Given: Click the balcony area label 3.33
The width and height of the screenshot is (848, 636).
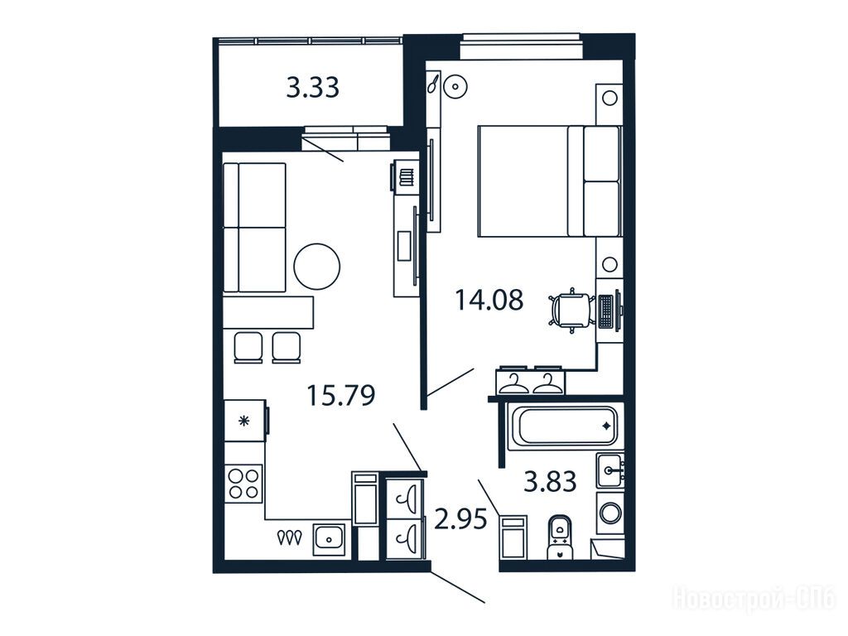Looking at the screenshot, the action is [312, 88].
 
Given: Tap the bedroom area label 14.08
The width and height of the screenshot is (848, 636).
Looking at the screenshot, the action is [489, 300].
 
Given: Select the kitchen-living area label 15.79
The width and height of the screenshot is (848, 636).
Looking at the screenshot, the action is [340, 395].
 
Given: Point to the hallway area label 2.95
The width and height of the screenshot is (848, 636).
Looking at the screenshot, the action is [460, 520].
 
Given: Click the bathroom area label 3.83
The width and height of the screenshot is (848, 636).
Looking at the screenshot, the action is [550, 481].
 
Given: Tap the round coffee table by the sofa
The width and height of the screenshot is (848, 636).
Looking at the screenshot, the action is [317, 267].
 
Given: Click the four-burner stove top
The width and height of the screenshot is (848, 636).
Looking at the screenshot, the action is [244, 484].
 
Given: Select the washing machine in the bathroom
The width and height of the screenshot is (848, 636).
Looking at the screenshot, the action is [610, 513].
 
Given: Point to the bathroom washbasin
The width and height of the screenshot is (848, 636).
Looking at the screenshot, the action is [610, 470].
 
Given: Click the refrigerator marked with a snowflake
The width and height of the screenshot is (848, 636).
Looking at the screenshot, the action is [246, 420].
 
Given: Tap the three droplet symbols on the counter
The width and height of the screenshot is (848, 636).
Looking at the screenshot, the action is [289, 537].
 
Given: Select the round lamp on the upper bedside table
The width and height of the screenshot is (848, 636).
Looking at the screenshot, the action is [609, 99].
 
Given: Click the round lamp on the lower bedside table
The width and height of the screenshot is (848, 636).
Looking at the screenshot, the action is [609, 264].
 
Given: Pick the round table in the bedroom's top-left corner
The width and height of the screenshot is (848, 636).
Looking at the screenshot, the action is [455, 86].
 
